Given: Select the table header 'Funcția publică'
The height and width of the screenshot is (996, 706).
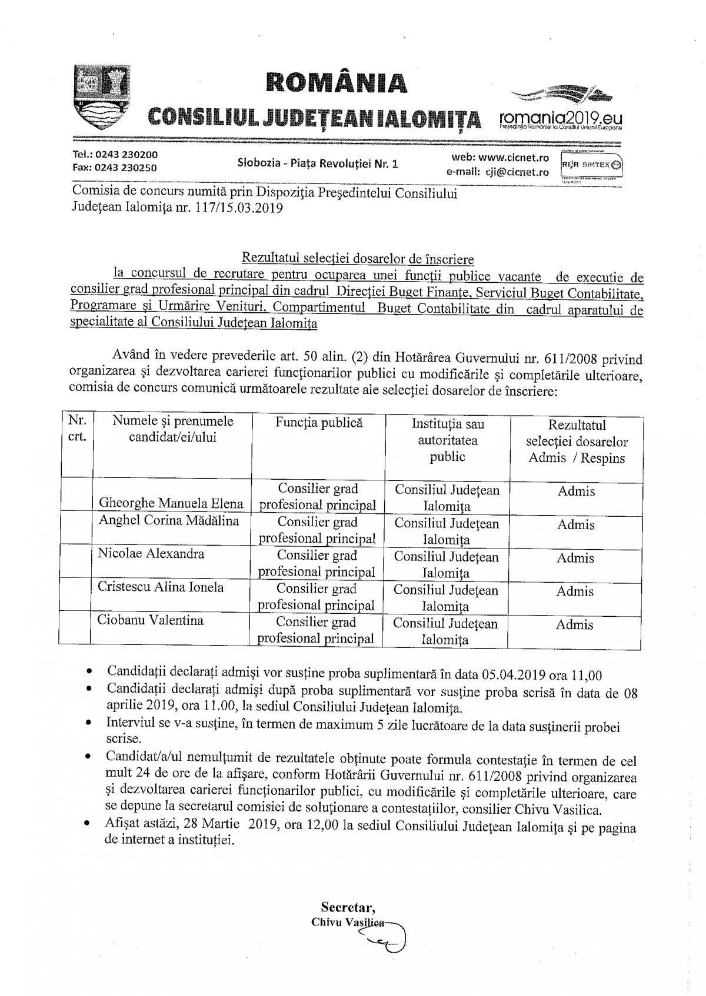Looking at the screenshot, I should (319, 423).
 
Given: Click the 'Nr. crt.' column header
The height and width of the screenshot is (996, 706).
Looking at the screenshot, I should (77, 429).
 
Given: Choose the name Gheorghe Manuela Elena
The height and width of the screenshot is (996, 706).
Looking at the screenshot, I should (171, 503).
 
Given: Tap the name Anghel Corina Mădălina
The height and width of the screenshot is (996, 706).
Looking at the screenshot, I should (169, 521).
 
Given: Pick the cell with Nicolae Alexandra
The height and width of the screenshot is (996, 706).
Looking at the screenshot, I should (151, 554).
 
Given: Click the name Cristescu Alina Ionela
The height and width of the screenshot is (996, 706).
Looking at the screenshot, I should (161, 587).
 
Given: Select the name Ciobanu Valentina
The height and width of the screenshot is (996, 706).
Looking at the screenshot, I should (151, 620).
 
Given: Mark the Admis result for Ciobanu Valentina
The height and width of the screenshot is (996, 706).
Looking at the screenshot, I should (575, 625).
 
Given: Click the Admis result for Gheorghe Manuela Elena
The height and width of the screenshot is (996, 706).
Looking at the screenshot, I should (576, 492).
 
